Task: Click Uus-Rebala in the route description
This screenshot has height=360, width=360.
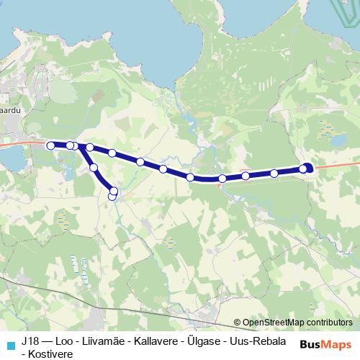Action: [x=261, y=341]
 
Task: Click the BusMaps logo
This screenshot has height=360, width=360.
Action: [x=325, y=343]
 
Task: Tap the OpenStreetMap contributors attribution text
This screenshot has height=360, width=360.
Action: [x=297, y=323]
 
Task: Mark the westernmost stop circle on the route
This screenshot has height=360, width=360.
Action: [x=50, y=145]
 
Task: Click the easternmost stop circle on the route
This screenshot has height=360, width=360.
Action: [x=308, y=168]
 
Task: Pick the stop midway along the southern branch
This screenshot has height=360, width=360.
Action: [x=94, y=168]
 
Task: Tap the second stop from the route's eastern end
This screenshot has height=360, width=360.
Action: [x=274, y=173]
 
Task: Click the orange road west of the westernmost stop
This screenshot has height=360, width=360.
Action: [x=18, y=143]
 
